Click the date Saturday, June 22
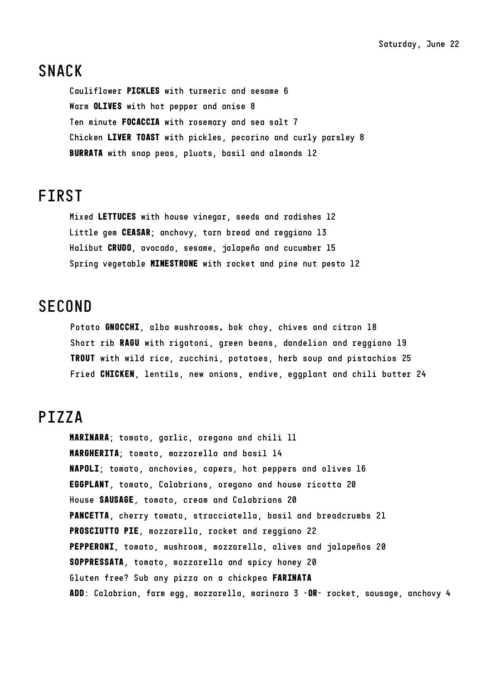click(x=418, y=44)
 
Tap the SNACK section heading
click(x=61, y=71)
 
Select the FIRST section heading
click(x=61, y=196)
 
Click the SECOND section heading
click(x=65, y=306)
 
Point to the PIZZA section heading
click(x=61, y=417)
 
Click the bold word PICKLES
click(x=143, y=91)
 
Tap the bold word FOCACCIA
click(x=141, y=122)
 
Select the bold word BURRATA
click(x=86, y=153)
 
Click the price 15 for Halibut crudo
click(x=331, y=248)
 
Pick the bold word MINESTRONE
click(x=174, y=264)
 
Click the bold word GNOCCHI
click(x=122, y=327)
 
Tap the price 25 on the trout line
click(x=406, y=358)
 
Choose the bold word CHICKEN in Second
click(x=117, y=374)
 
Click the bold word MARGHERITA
click(x=94, y=453)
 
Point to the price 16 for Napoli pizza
click(x=361, y=469)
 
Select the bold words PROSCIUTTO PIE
click(x=104, y=531)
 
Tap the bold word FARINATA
click(x=292, y=578)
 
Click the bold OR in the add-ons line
click(x=313, y=593)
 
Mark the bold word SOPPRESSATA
click(x=97, y=562)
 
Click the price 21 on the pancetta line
click(x=381, y=516)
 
